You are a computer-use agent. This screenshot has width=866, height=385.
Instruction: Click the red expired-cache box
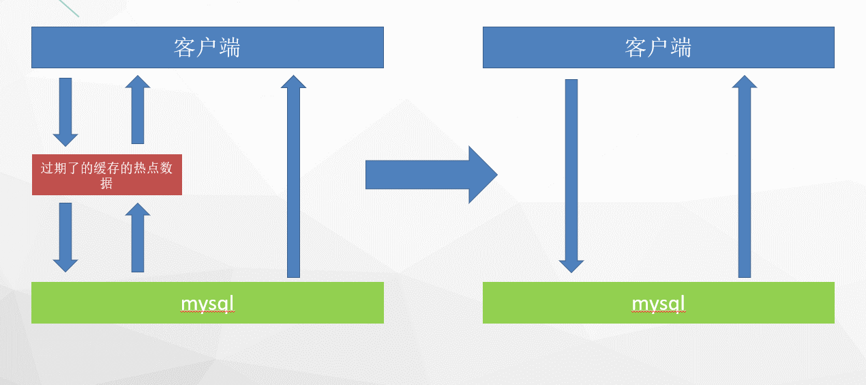click(107, 175)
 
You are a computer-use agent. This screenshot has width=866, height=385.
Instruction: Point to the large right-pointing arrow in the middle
click(431, 175)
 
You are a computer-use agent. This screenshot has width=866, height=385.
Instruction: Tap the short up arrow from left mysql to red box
click(138, 237)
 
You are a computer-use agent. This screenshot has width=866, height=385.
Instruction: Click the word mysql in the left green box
click(207, 302)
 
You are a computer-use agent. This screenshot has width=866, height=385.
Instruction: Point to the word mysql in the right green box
click(658, 302)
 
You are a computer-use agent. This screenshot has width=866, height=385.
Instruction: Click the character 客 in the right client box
click(636, 48)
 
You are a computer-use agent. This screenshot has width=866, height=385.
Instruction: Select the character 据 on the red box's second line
click(106, 183)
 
